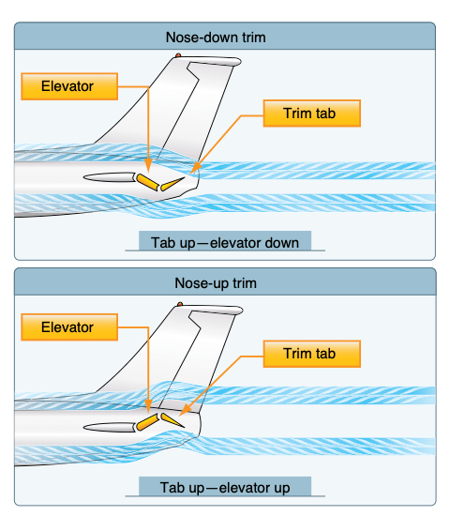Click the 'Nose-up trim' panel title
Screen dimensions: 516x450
225,282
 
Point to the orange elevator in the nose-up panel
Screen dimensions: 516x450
147,424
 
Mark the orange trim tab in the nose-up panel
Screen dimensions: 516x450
171,419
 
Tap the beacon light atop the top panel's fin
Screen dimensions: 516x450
179,56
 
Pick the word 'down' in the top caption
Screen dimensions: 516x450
281,243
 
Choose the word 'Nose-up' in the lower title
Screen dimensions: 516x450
198,282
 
